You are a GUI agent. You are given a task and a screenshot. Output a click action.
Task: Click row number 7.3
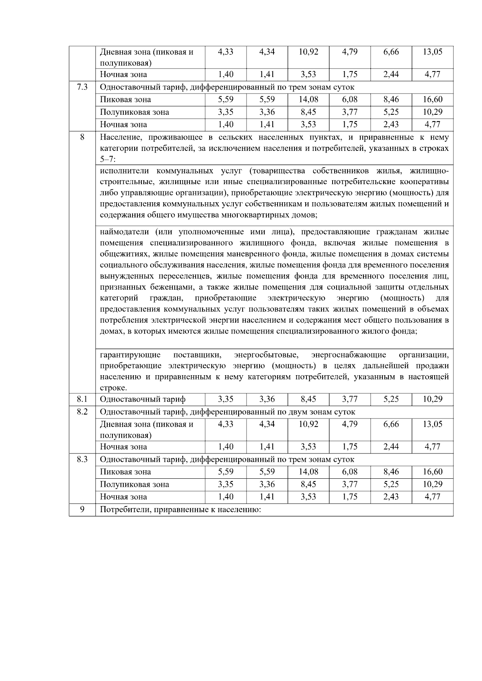pyautogui.click(x=82, y=87)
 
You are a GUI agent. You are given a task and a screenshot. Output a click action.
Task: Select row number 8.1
pyautogui.click(x=82, y=399)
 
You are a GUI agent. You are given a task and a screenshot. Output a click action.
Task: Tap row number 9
pyautogui.click(x=82, y=510)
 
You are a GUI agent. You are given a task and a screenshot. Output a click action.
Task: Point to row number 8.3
pyautogui.click(x=82, y=459)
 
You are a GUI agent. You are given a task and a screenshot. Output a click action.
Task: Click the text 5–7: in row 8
pyautogui.click(x=107, y=160)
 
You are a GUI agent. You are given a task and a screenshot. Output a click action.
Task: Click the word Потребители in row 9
pyautogui.click(x=121, y=510)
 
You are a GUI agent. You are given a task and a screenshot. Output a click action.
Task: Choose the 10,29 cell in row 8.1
pyautogui.click(x=432, y=399)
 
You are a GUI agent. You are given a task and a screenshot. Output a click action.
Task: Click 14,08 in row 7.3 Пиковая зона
pyautogui.click(x=308, y=99)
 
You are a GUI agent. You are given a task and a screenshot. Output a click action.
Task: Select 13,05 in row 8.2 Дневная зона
pyautogui.click(x=432, y=424)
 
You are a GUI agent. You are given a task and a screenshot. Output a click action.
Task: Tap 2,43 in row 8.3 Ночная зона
pyautogui.click(x=390, y=496)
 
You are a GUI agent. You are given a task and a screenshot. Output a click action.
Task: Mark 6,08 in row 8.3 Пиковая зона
pyautogui.click(x=349, y=472)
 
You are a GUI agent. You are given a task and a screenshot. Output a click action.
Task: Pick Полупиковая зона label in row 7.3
pyautogui.click(x=134, y=112)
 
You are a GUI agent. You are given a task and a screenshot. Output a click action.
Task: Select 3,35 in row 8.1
pyautogui.click(x=225, y=399)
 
